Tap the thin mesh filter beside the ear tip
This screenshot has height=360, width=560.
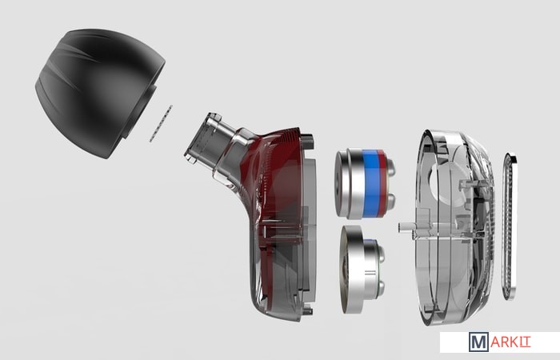[x=161, y=123]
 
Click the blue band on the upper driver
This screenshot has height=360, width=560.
[x=370, y=184]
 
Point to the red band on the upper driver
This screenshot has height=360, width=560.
[x=382, y=184]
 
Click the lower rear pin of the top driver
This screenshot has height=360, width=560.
[x=390, y=201]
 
